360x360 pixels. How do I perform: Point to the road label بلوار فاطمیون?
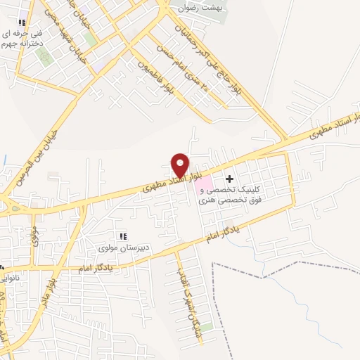click(x=160, y=76)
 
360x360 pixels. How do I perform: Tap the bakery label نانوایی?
click(x=14, y=277)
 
